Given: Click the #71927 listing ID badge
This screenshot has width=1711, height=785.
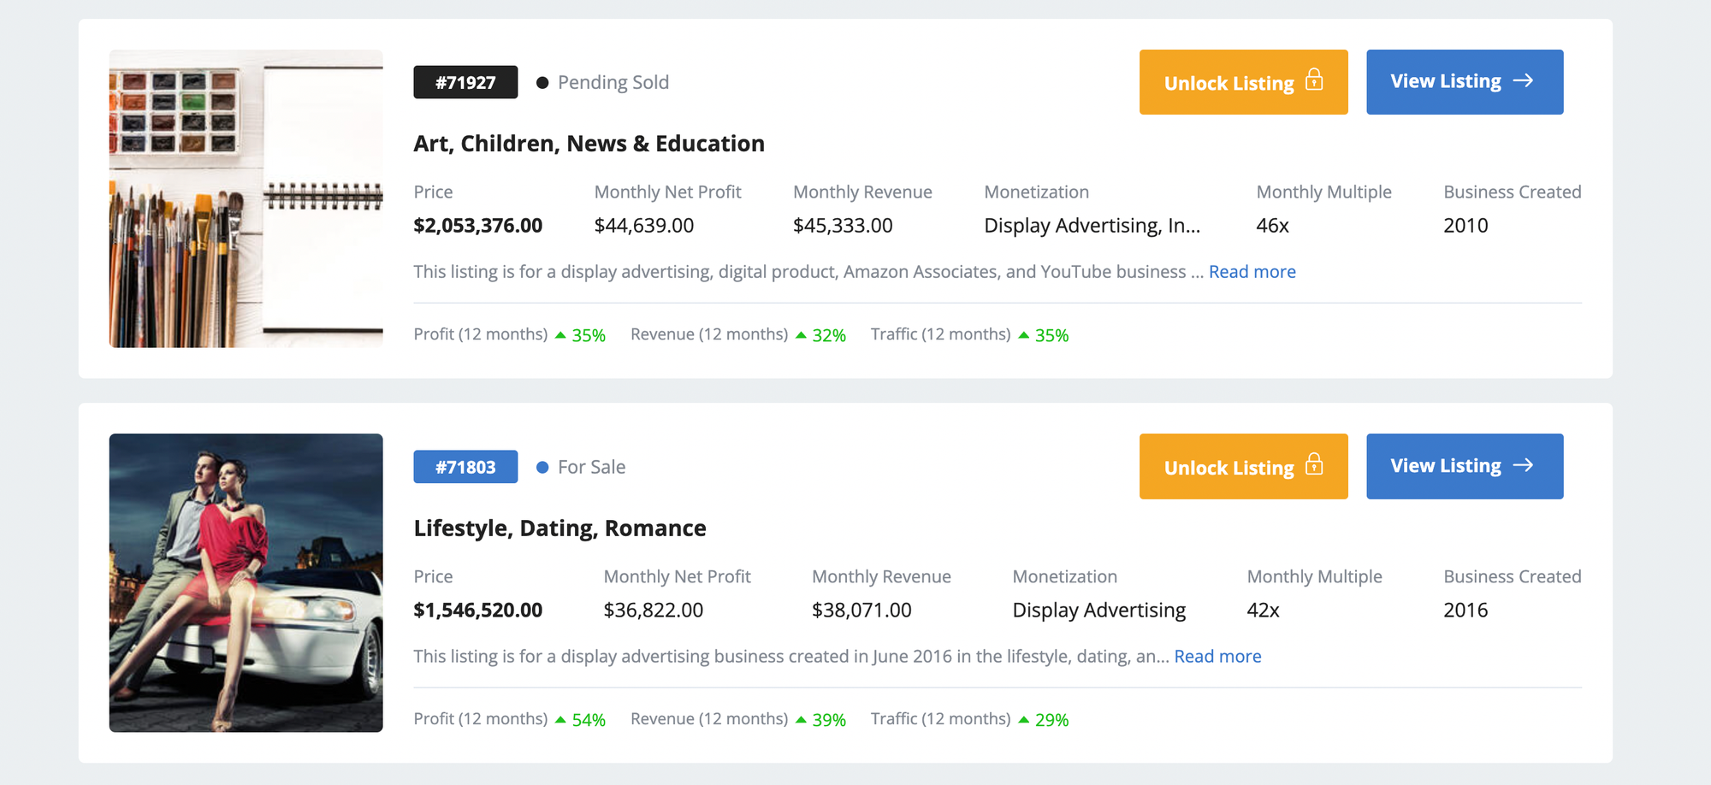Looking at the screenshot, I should point(465,82).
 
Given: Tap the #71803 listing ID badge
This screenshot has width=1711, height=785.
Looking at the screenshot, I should point(465,467).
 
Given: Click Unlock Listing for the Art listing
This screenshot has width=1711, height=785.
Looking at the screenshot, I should point(1243,82).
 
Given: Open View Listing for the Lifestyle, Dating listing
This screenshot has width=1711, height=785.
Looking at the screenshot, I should point(1464,466).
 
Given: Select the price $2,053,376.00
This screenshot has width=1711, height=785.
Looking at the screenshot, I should point(477,226).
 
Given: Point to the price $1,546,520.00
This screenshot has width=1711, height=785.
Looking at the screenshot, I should point(477,611).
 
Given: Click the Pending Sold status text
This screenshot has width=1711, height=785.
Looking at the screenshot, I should point(613,82).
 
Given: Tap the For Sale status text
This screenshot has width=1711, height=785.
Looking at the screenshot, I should point(591,467).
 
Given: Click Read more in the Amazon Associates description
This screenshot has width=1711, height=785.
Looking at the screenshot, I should point(1252,272).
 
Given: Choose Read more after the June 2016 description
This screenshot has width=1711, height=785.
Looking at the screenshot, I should point(1217,657).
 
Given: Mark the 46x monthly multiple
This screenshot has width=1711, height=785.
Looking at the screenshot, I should point(1272,226).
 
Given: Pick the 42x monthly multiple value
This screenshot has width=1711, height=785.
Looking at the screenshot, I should point(1263,611).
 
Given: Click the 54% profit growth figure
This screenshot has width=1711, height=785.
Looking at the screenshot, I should point(589,720).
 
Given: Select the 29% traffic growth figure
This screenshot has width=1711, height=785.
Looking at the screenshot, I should point(1051,720).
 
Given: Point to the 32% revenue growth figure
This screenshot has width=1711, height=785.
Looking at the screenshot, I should point(828,335).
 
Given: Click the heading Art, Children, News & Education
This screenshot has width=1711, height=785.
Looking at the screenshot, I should point(589,144).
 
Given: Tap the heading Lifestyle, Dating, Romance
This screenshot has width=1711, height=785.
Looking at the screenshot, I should point(559,528).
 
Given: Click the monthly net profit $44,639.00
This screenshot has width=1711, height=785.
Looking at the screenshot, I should point(643,226).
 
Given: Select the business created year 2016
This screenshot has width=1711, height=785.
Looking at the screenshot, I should point(1465,611).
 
